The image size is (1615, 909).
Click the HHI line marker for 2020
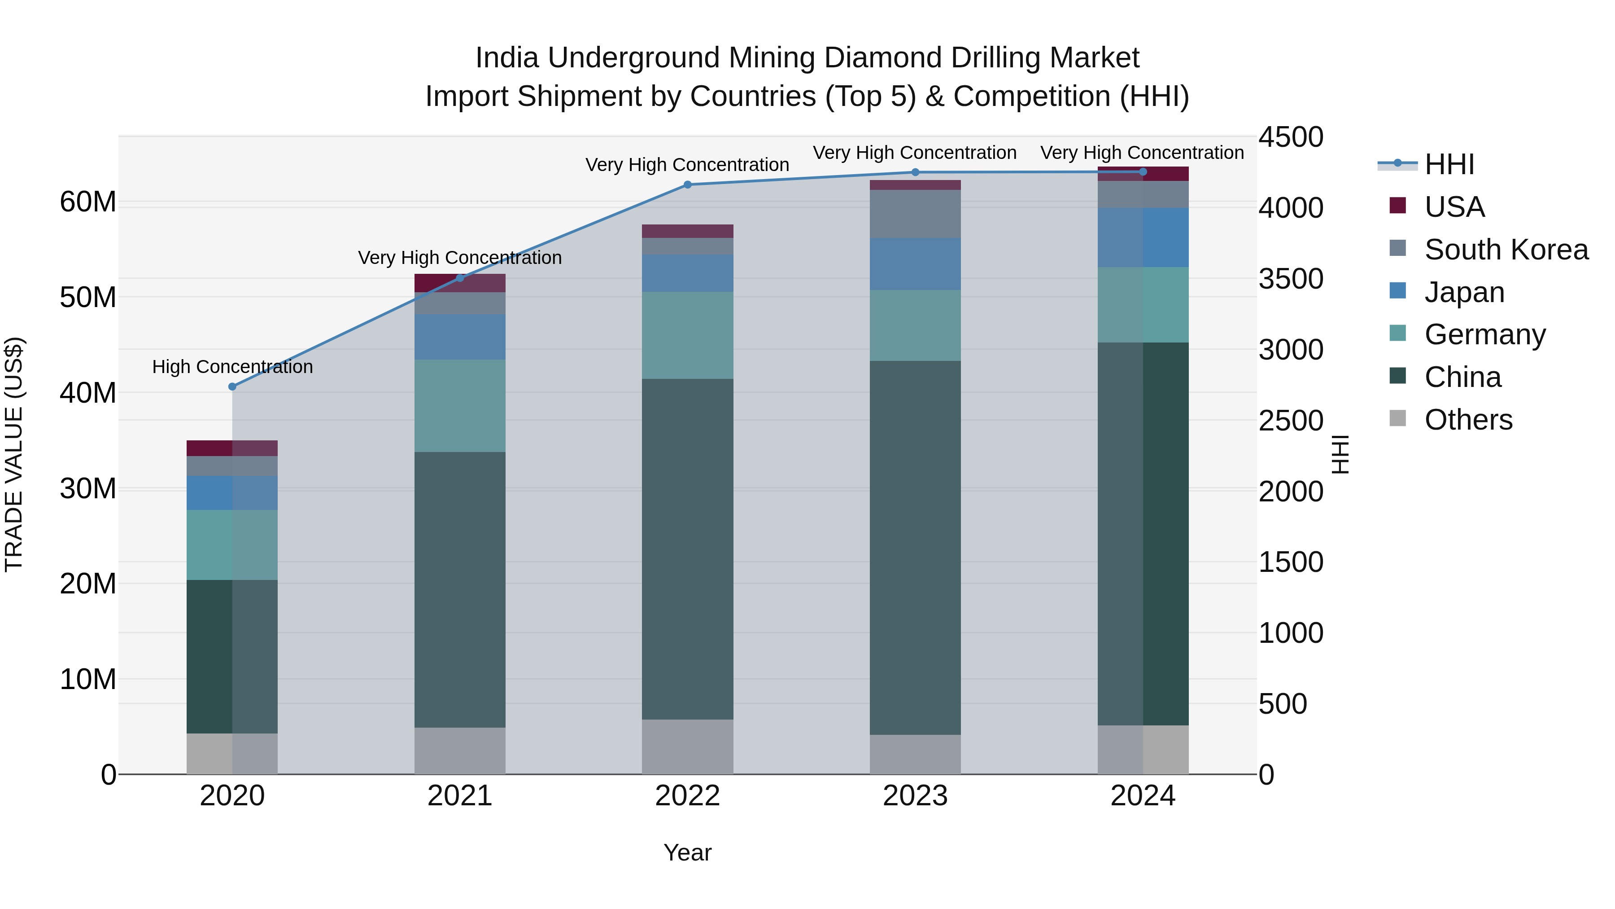pyautogui.click(x=232, y=386)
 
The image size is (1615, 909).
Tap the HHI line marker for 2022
pyautogui.click(x=687, y=184)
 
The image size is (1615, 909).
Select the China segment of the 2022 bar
pyautogui.click(x=687, y=549)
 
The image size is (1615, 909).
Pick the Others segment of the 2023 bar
pyautogui.click(x=915, y=754)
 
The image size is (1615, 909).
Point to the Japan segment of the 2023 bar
pyautogui.click(x=915, y=263)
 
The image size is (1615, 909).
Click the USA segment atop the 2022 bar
pyautogui.click(x=687, y=231)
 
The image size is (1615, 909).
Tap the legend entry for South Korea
pyautogui.click(x=1506, y=250)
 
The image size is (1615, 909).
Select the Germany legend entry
pyautogui.click(x=1484, y=334)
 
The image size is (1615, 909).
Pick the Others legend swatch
pyautogui.click(x=1397, y=418)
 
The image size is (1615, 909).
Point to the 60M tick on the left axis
pyautogui.click(x=88, y=202)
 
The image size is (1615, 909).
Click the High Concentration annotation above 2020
pyautogui.click(x=232, y=367)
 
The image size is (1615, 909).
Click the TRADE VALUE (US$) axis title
pyautogui.click(x=14, y=454)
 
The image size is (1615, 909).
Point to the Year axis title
pyautogui.click(x=687, y=852)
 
